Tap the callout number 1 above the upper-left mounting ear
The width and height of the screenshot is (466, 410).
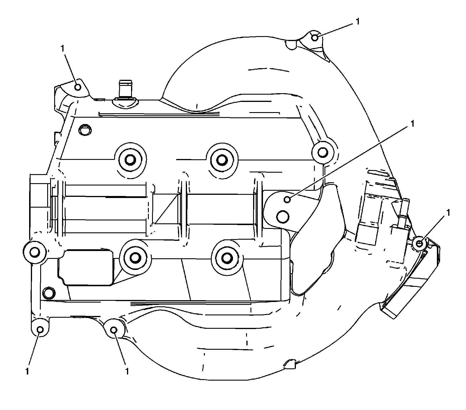coord(62,49)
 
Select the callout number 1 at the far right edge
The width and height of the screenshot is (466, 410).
coord(448,213)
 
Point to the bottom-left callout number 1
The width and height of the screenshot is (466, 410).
coord(27,371)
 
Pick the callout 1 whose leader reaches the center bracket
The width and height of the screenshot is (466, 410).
coord(412,123)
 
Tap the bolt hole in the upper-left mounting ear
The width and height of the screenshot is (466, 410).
coord(78,87)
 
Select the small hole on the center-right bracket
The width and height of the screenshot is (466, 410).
coord(287,199)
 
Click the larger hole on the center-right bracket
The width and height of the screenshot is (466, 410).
coord(283,216)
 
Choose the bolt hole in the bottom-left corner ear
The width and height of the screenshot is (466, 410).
coord(40,329)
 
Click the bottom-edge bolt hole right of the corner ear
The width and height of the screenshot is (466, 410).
coord(114,330)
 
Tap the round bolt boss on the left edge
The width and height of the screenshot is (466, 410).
coord(35,252)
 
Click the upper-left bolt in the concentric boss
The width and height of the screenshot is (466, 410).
coord(130,159)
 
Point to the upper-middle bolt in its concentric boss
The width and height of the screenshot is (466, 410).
coord(222,160)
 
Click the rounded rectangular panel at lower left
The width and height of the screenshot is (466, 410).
coord(86,267)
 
